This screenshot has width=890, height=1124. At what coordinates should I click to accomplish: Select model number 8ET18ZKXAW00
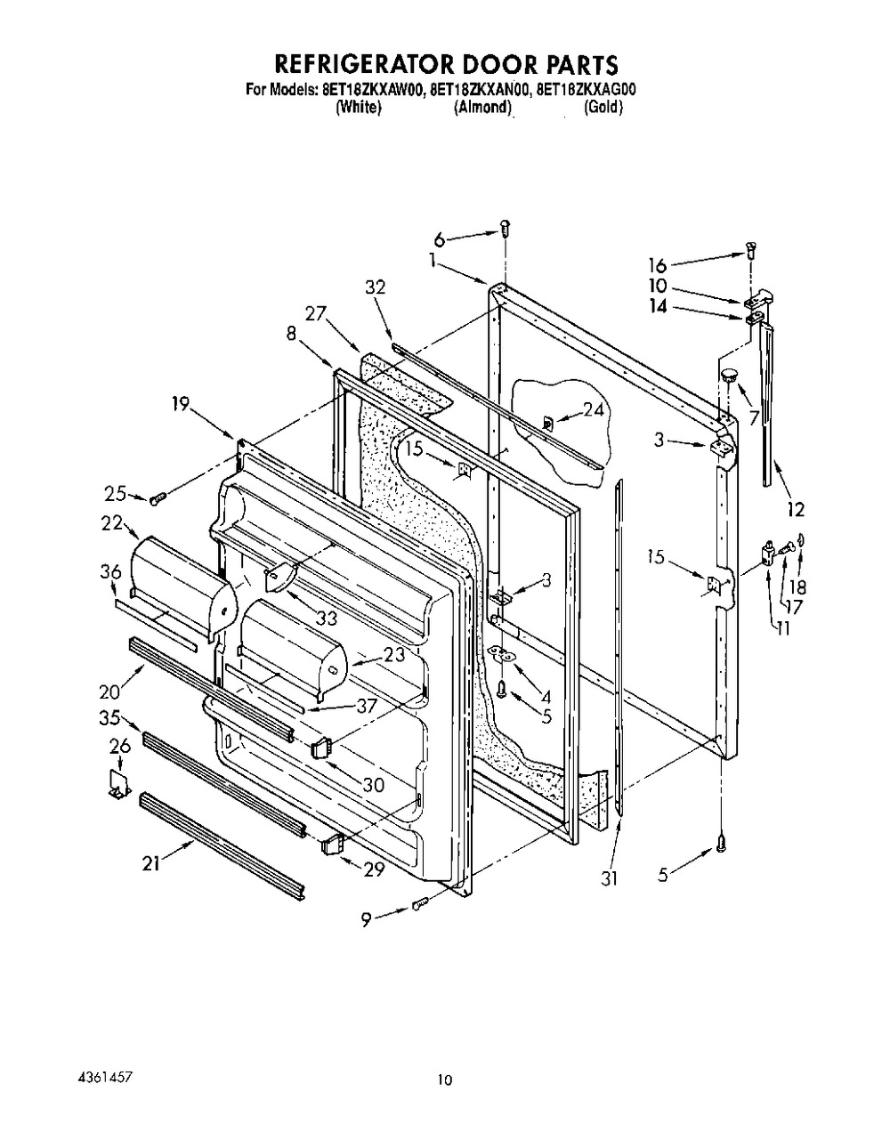click(374, 90)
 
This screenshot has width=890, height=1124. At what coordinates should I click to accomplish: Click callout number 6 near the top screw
click(440, 239)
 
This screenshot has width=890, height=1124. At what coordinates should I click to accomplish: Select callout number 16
click(658, 266)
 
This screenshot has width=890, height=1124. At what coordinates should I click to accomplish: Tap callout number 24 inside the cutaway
click(593, 410)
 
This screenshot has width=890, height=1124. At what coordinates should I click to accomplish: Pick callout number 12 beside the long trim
click(796, 509)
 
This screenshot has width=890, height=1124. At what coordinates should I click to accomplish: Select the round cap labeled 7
click(729, 376)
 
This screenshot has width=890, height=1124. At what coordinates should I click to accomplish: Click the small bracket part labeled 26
click(120, 785)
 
